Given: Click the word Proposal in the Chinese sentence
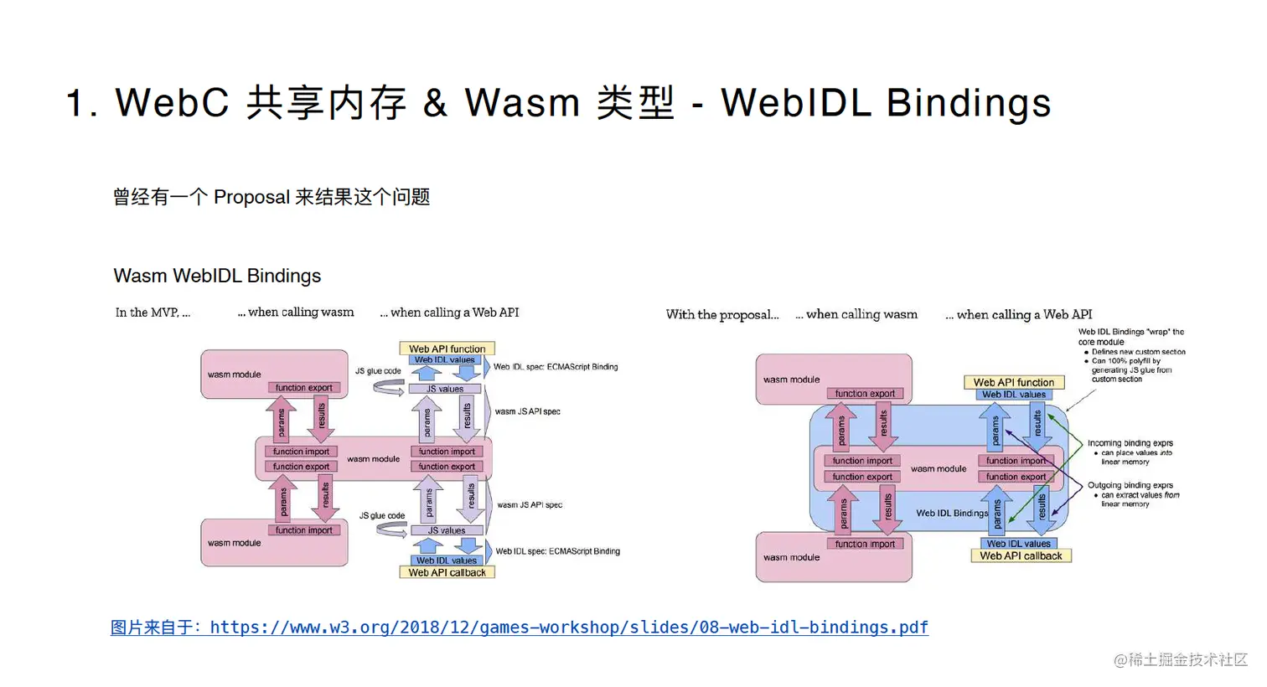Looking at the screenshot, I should (x=251, y=197).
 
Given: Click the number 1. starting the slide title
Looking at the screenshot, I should (x=81, y=104).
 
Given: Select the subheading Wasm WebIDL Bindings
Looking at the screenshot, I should (x=217, y=276).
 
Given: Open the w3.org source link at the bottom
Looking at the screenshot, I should (x=520, y=628).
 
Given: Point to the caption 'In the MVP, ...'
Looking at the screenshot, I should (x=153, y=313).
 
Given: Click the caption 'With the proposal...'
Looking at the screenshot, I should (x=721, y=315).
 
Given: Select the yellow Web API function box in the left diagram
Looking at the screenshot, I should (x=447, y=349).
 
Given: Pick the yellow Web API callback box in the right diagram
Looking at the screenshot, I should (x=1021, y=555).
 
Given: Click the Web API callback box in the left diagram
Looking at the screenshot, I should (x=447, y=573).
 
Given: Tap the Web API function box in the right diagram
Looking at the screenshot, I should (x=1014, y=382).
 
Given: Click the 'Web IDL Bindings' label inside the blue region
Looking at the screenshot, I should (x=952, y=513).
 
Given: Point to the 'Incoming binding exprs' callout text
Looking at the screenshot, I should (x=1130, y=443).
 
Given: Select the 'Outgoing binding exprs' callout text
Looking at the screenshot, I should (x=1130, y=485).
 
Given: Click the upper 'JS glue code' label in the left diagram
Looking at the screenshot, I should (x=378, y=371).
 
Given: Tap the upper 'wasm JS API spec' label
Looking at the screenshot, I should (x=527, y=411).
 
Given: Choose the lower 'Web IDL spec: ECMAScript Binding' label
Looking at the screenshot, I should (x=557, y=551).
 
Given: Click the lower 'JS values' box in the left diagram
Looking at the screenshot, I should (x=446, y=530).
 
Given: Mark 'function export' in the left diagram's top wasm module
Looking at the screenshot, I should (x=303, y=388).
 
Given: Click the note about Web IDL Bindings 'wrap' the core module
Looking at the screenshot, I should (x=1130, y=337).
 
